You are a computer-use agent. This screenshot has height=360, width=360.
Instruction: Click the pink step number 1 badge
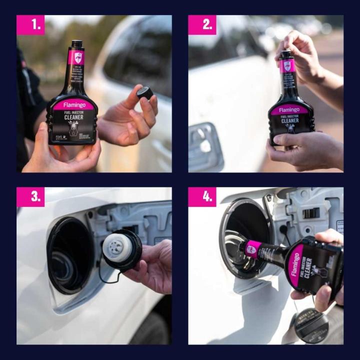click(30, 25)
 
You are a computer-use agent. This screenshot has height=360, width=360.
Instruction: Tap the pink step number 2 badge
click(202, 25)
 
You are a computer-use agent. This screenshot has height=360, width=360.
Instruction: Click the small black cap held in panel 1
click(144, 93)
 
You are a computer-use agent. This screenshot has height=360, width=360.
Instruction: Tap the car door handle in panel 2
click(203, 146)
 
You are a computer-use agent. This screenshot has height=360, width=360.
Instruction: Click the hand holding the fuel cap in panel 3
click(152, 265)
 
